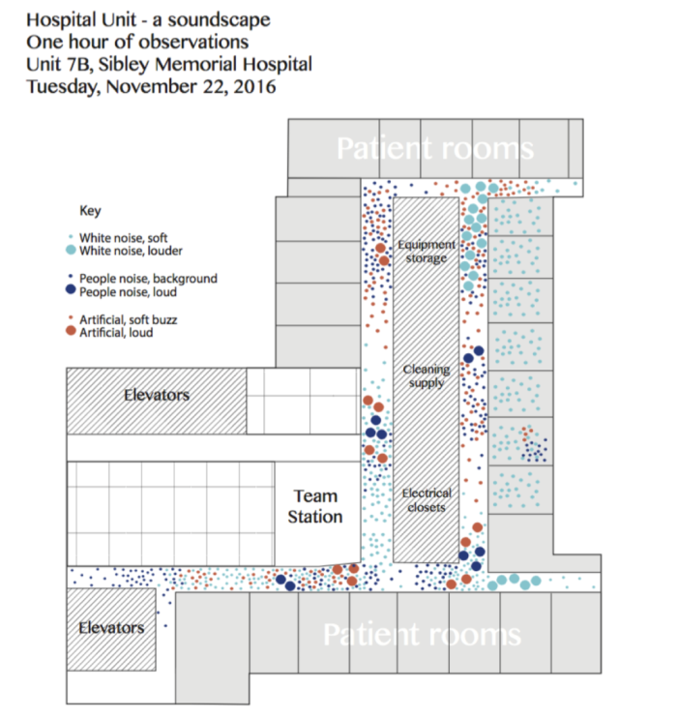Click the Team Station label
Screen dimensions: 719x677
point(315,506)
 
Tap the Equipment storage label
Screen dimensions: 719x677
point(426,252)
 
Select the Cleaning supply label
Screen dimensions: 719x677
point(426,375)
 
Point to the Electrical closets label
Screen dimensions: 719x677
point(426,500)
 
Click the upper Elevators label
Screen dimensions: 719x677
point(156,395)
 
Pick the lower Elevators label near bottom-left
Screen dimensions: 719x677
point(111,627)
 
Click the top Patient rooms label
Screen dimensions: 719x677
point(434,149)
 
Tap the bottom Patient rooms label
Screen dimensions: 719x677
point(421,635)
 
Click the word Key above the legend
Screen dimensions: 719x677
point(89,211)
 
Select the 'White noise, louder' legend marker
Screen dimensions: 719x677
point(70,251)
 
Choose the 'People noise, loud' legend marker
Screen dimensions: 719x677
point(70,290)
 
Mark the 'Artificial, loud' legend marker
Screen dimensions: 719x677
point(70,332)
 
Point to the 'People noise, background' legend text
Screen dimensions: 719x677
point(148,278)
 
